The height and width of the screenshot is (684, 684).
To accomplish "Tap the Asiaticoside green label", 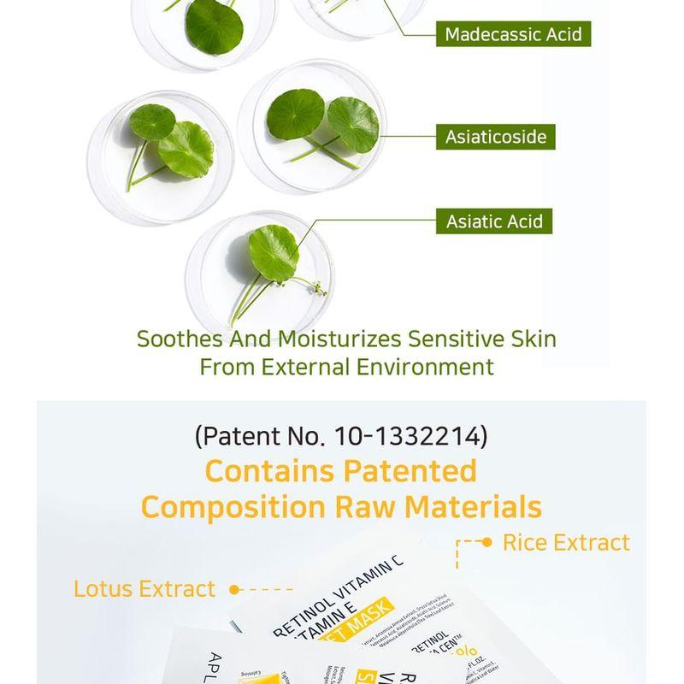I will (495, 137).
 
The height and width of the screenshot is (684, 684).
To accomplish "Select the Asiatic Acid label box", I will (494, 221).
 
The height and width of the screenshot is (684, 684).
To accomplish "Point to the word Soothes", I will (180, 339).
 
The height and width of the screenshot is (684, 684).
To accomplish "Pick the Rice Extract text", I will (566, 542).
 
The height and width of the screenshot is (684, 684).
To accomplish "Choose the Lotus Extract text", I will (144, 589).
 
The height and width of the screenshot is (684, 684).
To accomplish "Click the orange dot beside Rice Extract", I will (487, 542).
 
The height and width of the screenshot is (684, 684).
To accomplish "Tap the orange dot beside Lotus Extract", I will (234, 589).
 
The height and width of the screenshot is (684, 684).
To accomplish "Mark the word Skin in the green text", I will (535, 339).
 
